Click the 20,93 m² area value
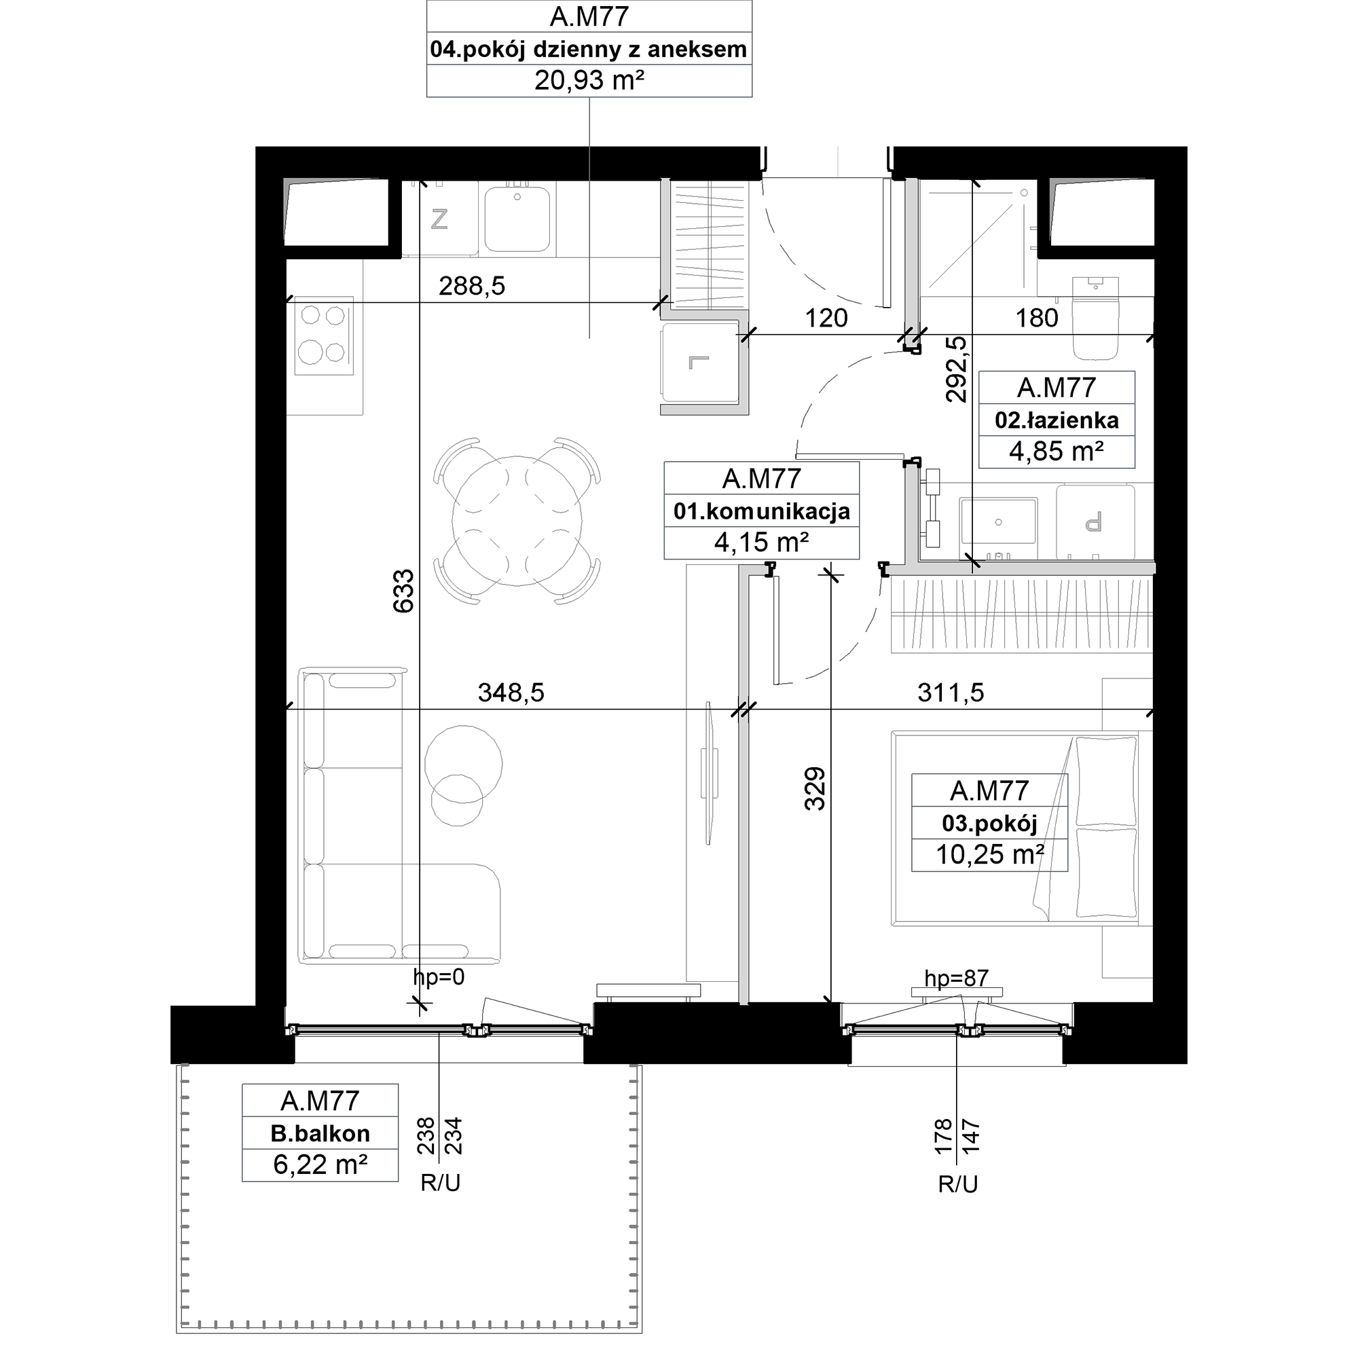(x=589, y=81)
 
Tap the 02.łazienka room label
(x=1057, y=420)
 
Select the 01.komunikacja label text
(x=761, y=511)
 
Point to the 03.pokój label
(x=990, y=823)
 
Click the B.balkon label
(x=320, y=1133)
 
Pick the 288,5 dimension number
(x=472, y=285)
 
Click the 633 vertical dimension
(x=403, y=591)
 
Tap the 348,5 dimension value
(x=511, y=693)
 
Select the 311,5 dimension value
(x=951, y=693)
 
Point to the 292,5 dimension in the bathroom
(x=956, y=369)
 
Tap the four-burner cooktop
(x=323, y=335)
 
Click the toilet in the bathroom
(x=1095, y=318)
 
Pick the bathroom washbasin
(x=998, y=521)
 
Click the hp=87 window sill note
(x=956, y=978)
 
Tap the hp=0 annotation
(x=439, y=976)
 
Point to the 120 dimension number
(x=826, y=318)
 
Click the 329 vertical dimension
(x=815, y=788)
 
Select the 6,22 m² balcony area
(x=320, y=1164)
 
